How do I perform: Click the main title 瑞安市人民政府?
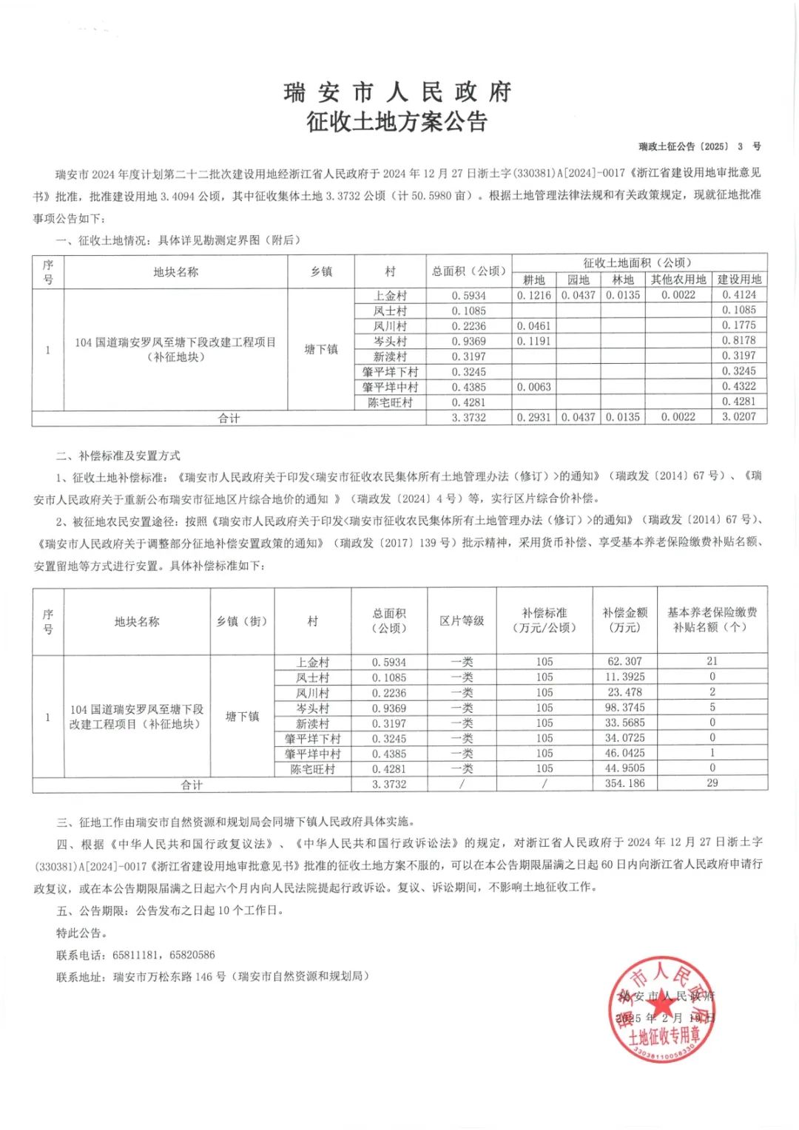tap(398, 92)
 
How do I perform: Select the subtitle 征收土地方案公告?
tap(398, 121)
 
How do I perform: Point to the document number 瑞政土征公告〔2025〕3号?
tap(700, 146)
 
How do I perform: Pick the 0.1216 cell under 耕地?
tap(533, 295)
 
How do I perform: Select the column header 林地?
tap(623, 280)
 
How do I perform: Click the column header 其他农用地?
tap(678, 280)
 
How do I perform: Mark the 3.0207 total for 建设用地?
tap(739, 417)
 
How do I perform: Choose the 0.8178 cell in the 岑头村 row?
tap(739, 341)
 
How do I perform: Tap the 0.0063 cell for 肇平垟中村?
tap(533, 387)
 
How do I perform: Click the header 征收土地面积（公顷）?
tap(638, 263)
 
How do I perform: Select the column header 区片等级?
tap(462, 621)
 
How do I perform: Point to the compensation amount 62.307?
tap(624, 662)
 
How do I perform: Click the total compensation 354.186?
tap(624, 784)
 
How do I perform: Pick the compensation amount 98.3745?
tap(624, 708)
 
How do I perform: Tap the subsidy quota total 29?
tap(712, 783)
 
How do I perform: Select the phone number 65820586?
tap(192, 955)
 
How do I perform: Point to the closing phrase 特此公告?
tap(81, 933)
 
